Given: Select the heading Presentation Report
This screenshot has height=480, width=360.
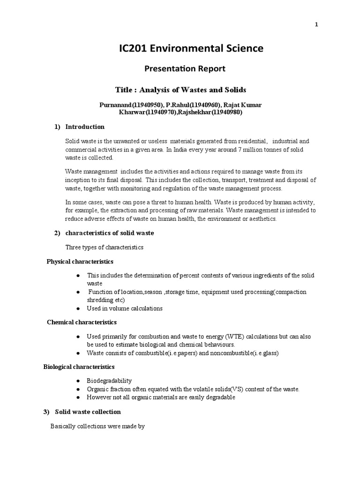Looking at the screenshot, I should coord(184,69).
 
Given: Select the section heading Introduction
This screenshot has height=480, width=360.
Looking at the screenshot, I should coord(85,127).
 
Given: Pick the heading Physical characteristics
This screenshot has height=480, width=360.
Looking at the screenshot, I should coord(80,262).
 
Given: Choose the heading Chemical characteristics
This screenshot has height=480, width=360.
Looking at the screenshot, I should coord(82,322).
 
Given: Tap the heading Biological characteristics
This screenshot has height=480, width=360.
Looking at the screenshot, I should coord(79,367).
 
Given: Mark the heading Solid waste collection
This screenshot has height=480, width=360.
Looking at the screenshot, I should coord(88,412).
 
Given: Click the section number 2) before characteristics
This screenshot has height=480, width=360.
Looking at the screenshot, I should coord(57,233).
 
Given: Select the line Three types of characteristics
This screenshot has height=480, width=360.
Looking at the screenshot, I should coord(104,247).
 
